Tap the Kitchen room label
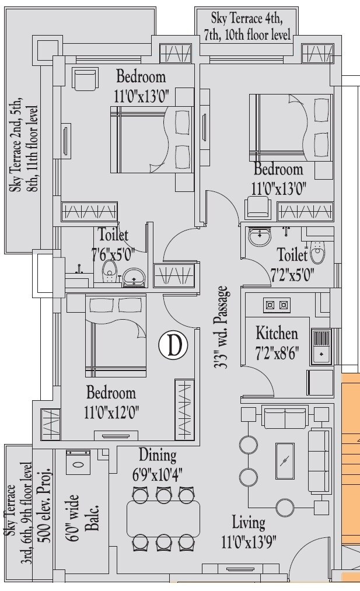point(277,334)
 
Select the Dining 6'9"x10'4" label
point(157,464)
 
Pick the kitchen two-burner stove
point(277,304)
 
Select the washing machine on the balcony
point(78,467)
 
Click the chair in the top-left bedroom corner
point(83,79)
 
